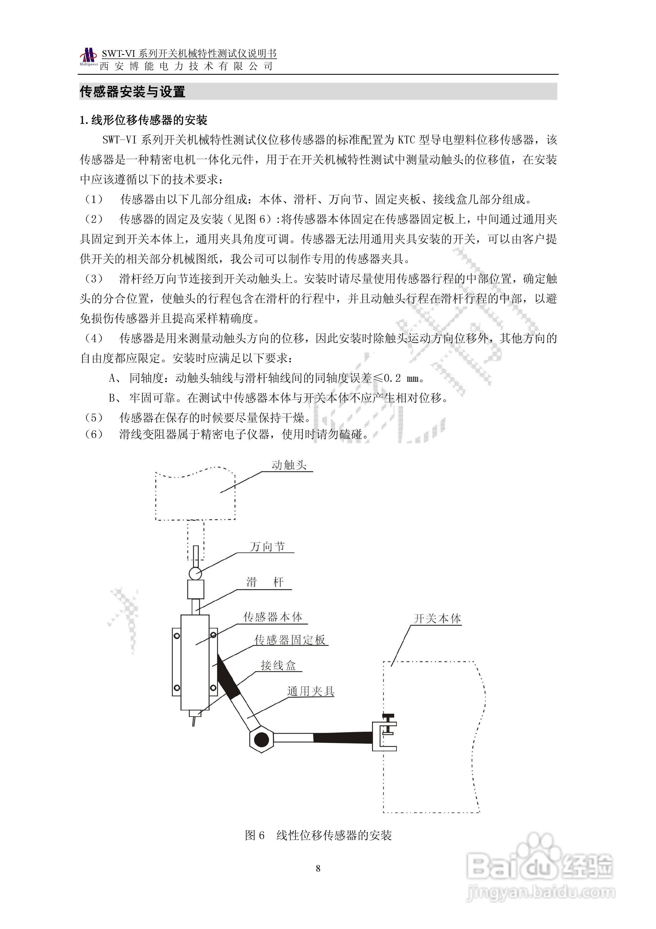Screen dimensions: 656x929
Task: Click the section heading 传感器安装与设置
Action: [x=133, y=92]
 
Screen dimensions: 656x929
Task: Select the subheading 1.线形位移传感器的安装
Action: [x=144, y=120]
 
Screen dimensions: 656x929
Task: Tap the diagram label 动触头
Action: [x=289, y=465]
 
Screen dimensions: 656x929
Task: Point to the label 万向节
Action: [x=267, y=547]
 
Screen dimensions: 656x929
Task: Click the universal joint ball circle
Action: [x=195, y=573]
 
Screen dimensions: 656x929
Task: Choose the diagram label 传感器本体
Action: [x=273, y=617]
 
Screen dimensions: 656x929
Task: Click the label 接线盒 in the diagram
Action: [x=278, y=665]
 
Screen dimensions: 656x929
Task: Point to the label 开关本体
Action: [x=437, y=619]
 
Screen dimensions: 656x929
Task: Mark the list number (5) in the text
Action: [x=94, y=418]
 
